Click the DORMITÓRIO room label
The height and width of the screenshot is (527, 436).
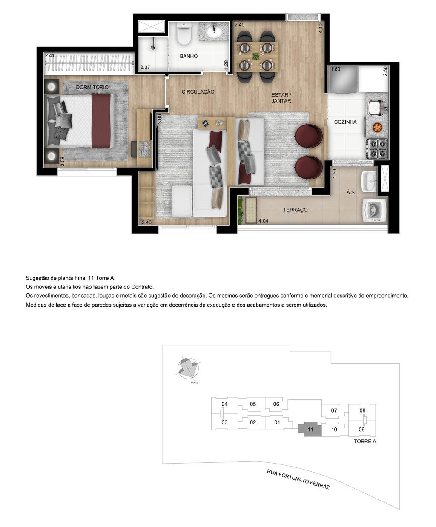tap(92, 87)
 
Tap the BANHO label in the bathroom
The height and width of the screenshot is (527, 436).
tap(188, 56)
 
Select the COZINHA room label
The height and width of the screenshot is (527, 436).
tap(345, 122)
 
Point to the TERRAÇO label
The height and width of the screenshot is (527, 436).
tap(295, 210)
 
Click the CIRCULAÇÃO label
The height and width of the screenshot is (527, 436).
tap(198, 92)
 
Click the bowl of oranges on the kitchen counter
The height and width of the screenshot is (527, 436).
tap(377, 127)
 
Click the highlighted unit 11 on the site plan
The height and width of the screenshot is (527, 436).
tap(310, 430)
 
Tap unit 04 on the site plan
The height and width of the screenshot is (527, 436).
tap(224, 404)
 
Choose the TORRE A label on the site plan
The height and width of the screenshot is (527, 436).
tap(364, 442)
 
